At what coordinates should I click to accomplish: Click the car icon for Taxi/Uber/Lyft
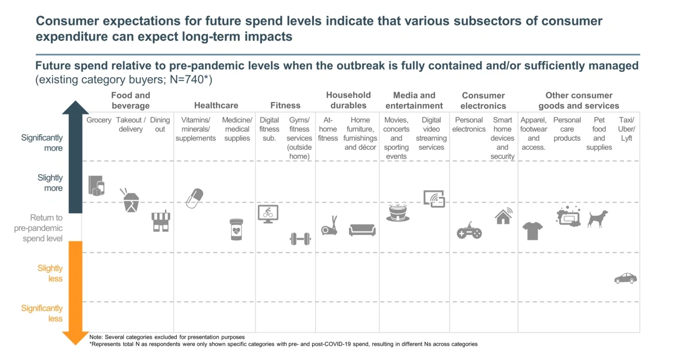[625, 278]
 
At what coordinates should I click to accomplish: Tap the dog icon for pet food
[597, 218]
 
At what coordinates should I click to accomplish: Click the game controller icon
[469, 230]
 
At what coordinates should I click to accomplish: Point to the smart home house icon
[503, 216]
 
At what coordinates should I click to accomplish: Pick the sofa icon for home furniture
[362, 229]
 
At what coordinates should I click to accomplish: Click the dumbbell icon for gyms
[300, 239]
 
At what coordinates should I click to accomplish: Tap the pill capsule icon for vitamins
[194, 198]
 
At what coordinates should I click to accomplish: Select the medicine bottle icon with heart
[237, 229]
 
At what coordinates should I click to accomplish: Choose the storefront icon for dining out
[161, 221]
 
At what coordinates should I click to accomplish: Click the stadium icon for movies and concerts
[398, 213]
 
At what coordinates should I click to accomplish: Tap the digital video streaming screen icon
[434, 199]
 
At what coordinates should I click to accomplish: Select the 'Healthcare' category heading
[216, 106]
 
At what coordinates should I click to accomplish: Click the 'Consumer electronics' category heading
[483, 100]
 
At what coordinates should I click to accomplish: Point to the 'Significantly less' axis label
[42, 313]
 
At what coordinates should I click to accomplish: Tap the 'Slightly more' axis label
[50, 183]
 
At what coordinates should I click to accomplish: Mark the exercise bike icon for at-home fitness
[329, 226]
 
